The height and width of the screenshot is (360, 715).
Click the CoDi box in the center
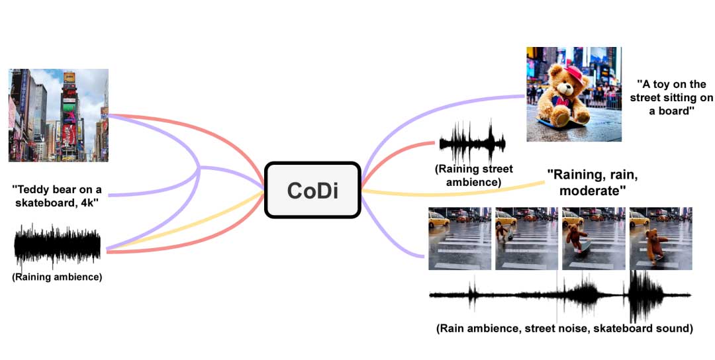coord(312,190)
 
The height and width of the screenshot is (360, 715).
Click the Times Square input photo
coord(58,115)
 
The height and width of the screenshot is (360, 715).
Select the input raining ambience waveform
coord(58,246)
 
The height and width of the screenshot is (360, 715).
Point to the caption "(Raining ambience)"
coord(57,277)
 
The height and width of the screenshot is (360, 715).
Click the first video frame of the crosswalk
coord(460,238)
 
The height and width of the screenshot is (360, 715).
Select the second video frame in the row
coord(526,238)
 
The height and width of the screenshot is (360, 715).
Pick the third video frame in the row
coord(593,238)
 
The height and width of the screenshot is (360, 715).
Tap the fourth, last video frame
coord(660,238)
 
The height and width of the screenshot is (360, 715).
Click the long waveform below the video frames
coord(560,295)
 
